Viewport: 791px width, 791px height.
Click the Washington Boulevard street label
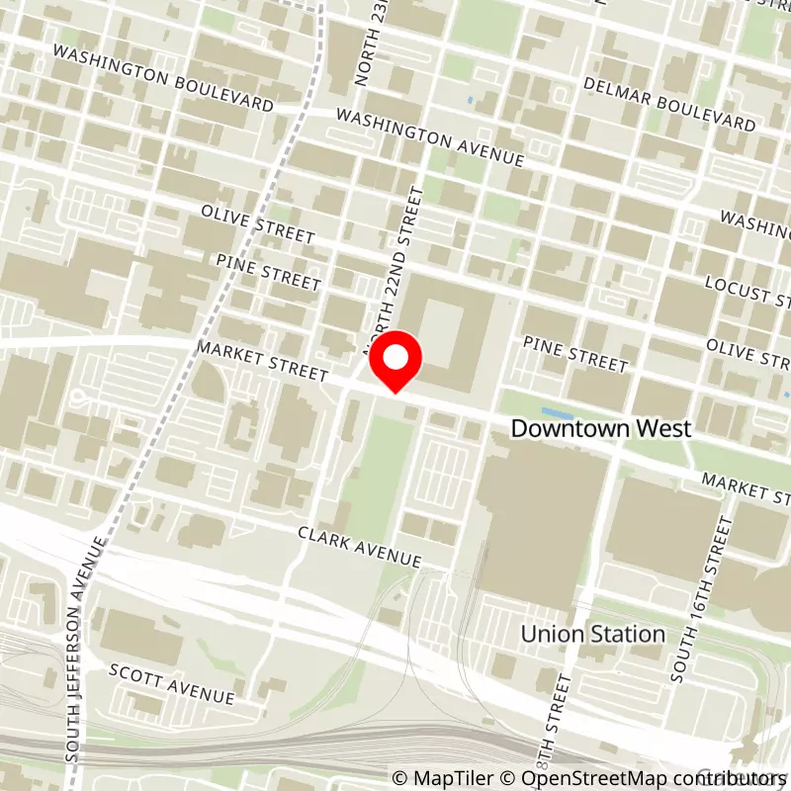[x=163, y=77]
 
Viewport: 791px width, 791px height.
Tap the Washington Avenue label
[x=429, y=136]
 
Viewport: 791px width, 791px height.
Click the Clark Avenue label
[x=360, y=547]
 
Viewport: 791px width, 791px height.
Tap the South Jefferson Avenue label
[x=86, y=649]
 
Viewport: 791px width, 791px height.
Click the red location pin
[x=396, y=364]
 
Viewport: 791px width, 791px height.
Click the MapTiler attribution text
[x=440, y=778]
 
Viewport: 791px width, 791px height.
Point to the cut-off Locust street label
[x=747, y=291]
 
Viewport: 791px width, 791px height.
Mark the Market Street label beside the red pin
[x=262, y=362]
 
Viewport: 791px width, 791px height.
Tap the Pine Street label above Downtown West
[x=574, y=354]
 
